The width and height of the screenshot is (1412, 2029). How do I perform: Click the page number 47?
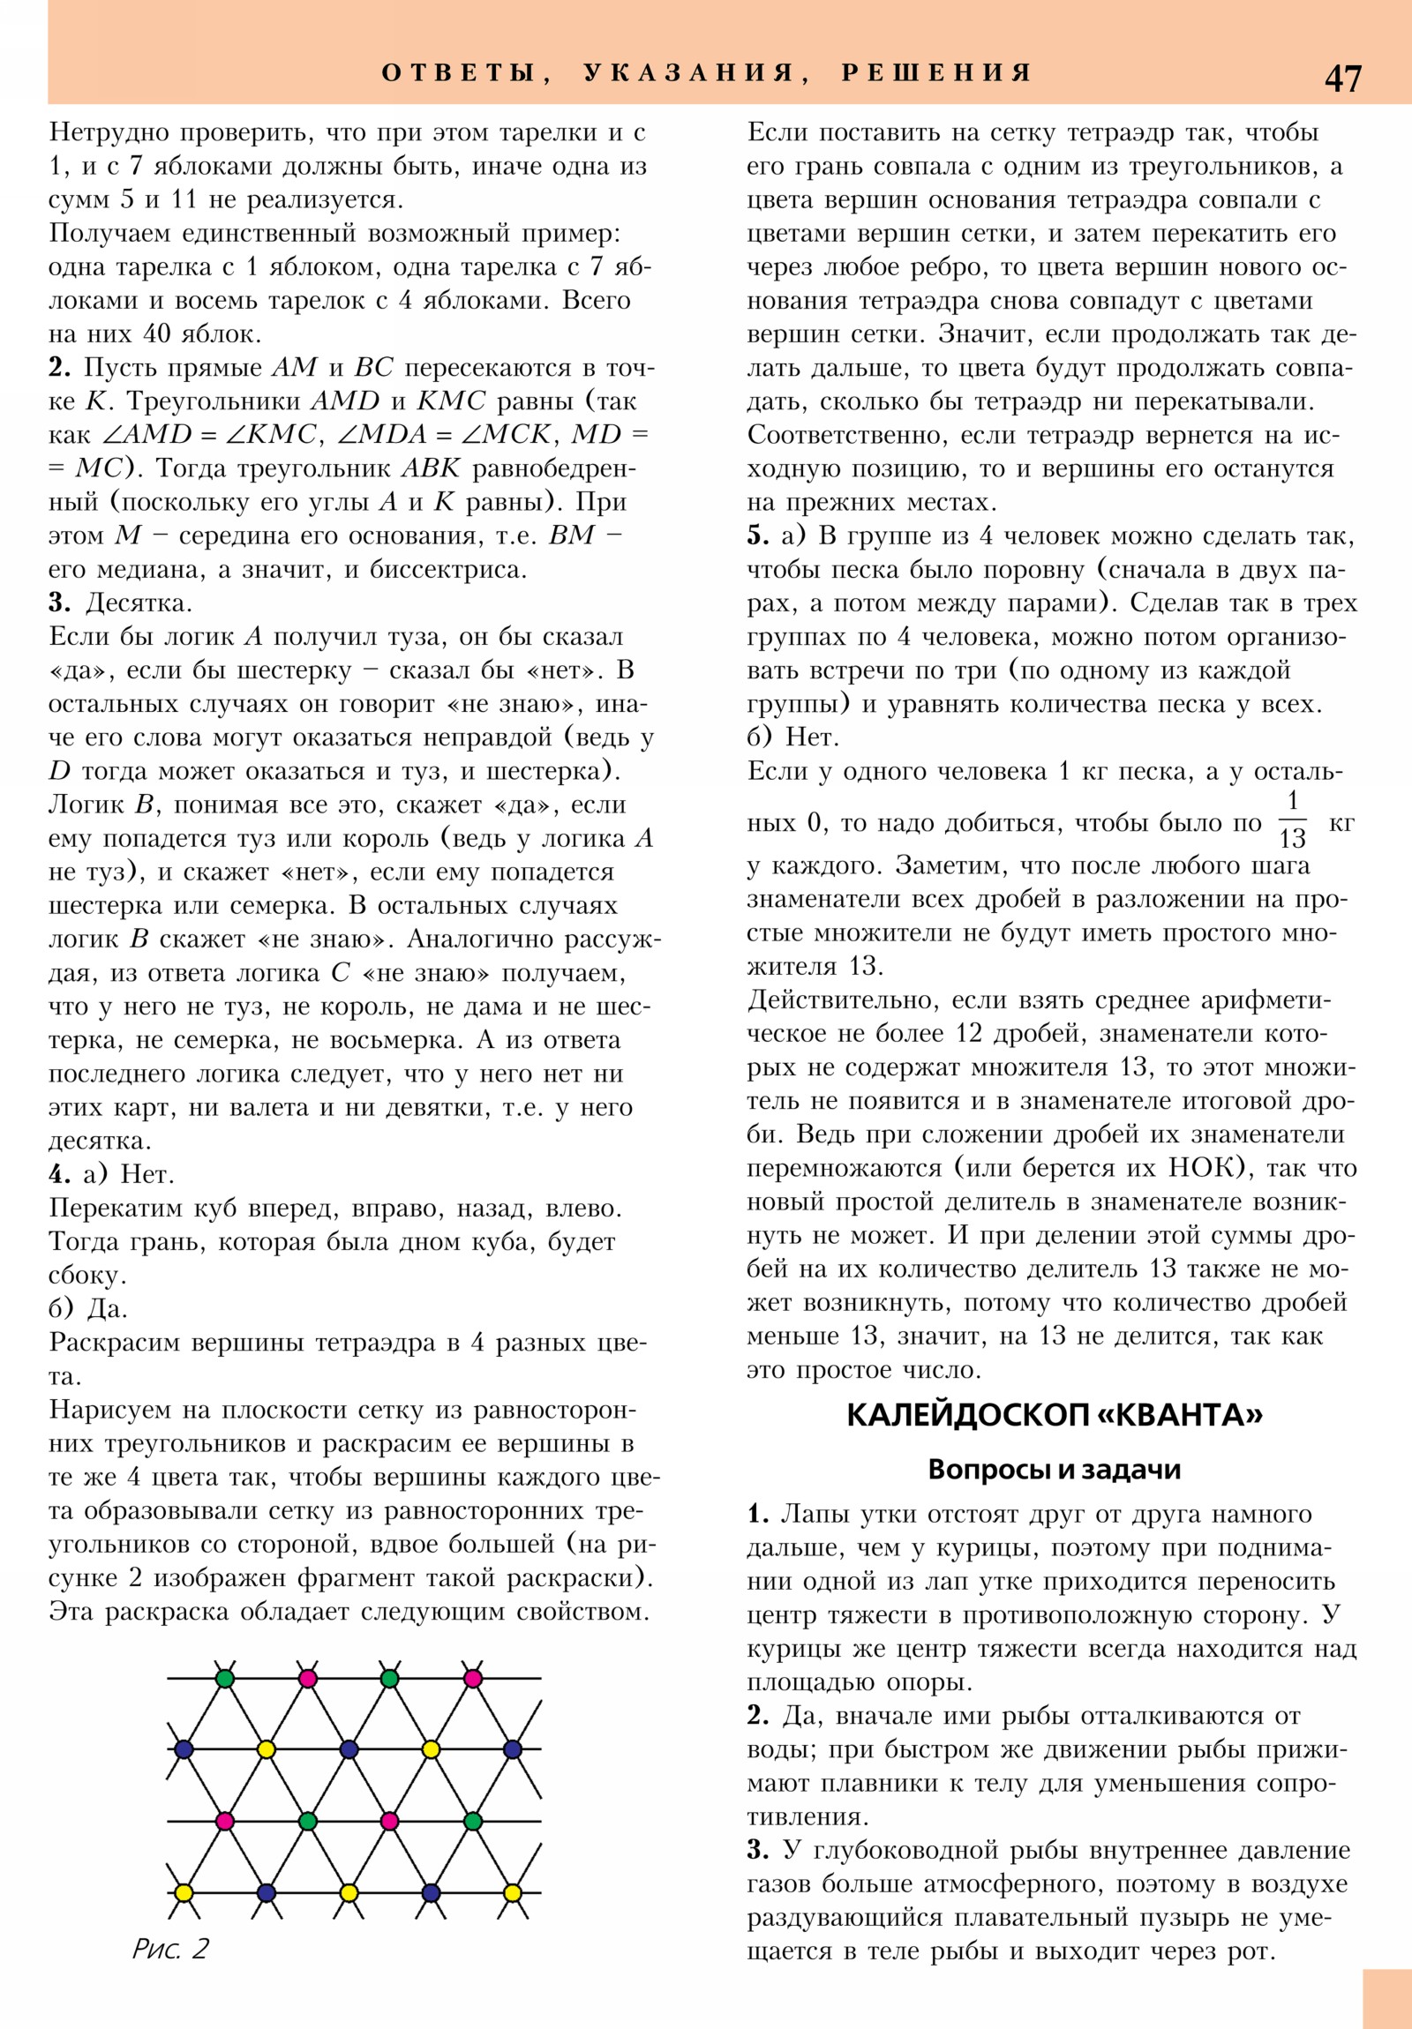click(1342, 79)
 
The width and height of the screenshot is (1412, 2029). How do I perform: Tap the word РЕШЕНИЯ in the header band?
click(937, 72)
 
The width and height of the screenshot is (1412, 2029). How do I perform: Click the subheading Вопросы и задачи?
click(1054, 1470)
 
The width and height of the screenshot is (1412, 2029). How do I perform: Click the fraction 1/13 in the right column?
click(1292, 820)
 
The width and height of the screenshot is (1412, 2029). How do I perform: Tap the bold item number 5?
click(758, 535)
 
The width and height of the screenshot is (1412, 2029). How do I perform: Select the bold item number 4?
click(59, 1174)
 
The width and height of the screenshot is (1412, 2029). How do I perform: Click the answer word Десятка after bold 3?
click(138, 603)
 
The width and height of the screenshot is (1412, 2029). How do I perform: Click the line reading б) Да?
click(88, 1309)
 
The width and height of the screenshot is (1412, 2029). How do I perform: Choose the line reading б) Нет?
click(793, 737)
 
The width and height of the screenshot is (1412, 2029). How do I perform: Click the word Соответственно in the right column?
click(845, 435)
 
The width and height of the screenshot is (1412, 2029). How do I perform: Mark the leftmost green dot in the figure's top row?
click(224, 1678)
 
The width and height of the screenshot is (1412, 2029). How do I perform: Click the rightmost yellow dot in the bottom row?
click(512, 1893)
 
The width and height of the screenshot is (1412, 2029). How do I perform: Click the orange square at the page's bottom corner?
click(1386, 1997)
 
